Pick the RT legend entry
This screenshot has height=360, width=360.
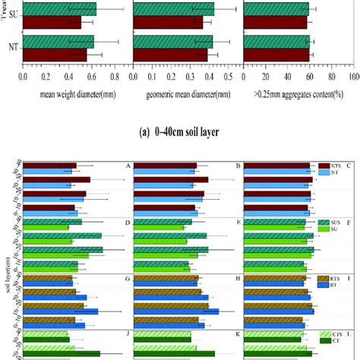(x=335, y=286)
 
